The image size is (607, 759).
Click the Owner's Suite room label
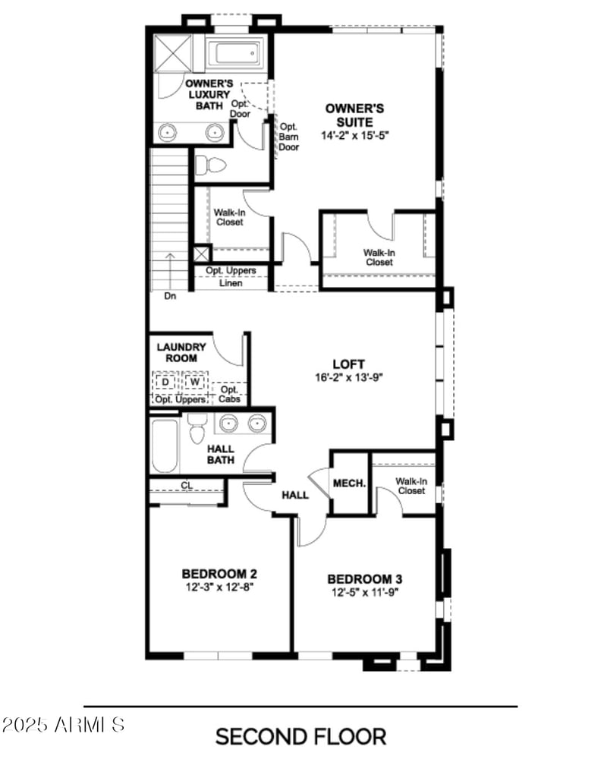[354, 115]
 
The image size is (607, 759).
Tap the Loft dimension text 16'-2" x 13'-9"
[349, 377]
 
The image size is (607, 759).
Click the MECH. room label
[350, 483]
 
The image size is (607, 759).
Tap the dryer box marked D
[165, 380]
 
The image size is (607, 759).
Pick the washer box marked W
[195, 380]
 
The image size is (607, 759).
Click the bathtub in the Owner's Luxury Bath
[237, 52]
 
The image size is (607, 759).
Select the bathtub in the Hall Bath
[163, 446]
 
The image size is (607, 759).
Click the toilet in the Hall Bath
[197, 430]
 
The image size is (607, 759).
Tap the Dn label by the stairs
[170, 296]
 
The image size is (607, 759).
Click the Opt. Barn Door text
[289, 137]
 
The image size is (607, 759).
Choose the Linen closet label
[231, 284]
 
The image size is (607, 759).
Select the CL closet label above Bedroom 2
[186, 485]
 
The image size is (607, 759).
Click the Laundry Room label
[181, 352]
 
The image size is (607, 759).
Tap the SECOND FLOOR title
[300, 735]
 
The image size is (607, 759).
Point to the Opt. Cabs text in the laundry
[229, 395]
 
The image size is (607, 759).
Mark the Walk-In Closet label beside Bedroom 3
[410, 486]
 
